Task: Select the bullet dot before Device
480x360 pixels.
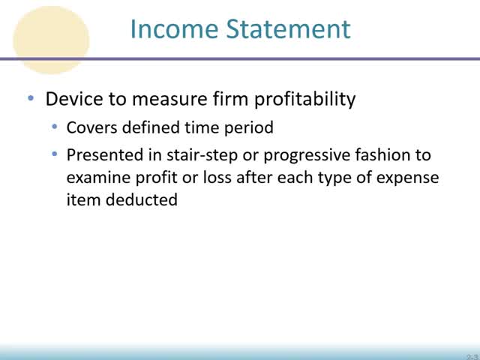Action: click(31, 99)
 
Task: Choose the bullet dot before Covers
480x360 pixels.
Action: click(55, 127)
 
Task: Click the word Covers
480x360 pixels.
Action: click(88, 127)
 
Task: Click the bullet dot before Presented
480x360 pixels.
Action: click(55, 154)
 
